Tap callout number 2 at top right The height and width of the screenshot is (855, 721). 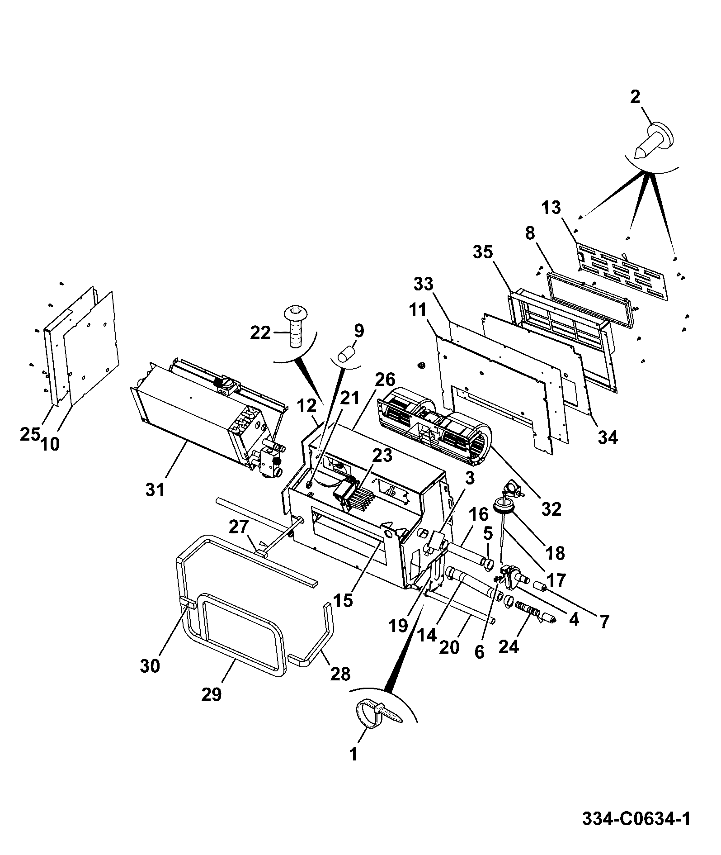click(x=635, y=97)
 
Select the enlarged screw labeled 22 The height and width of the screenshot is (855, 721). click(x=296, y=326)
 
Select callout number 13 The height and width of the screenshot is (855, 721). click(x=551, y=208)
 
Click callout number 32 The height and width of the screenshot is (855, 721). click(x=551, y=509)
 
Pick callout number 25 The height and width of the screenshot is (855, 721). click(x=30, y=434)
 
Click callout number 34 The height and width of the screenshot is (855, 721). click(x=608, y=437)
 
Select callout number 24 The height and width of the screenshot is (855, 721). click(x=509, y=647)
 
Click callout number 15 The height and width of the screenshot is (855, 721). click(x=343, y=601)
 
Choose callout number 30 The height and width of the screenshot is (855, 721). click(x=150, y=666)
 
